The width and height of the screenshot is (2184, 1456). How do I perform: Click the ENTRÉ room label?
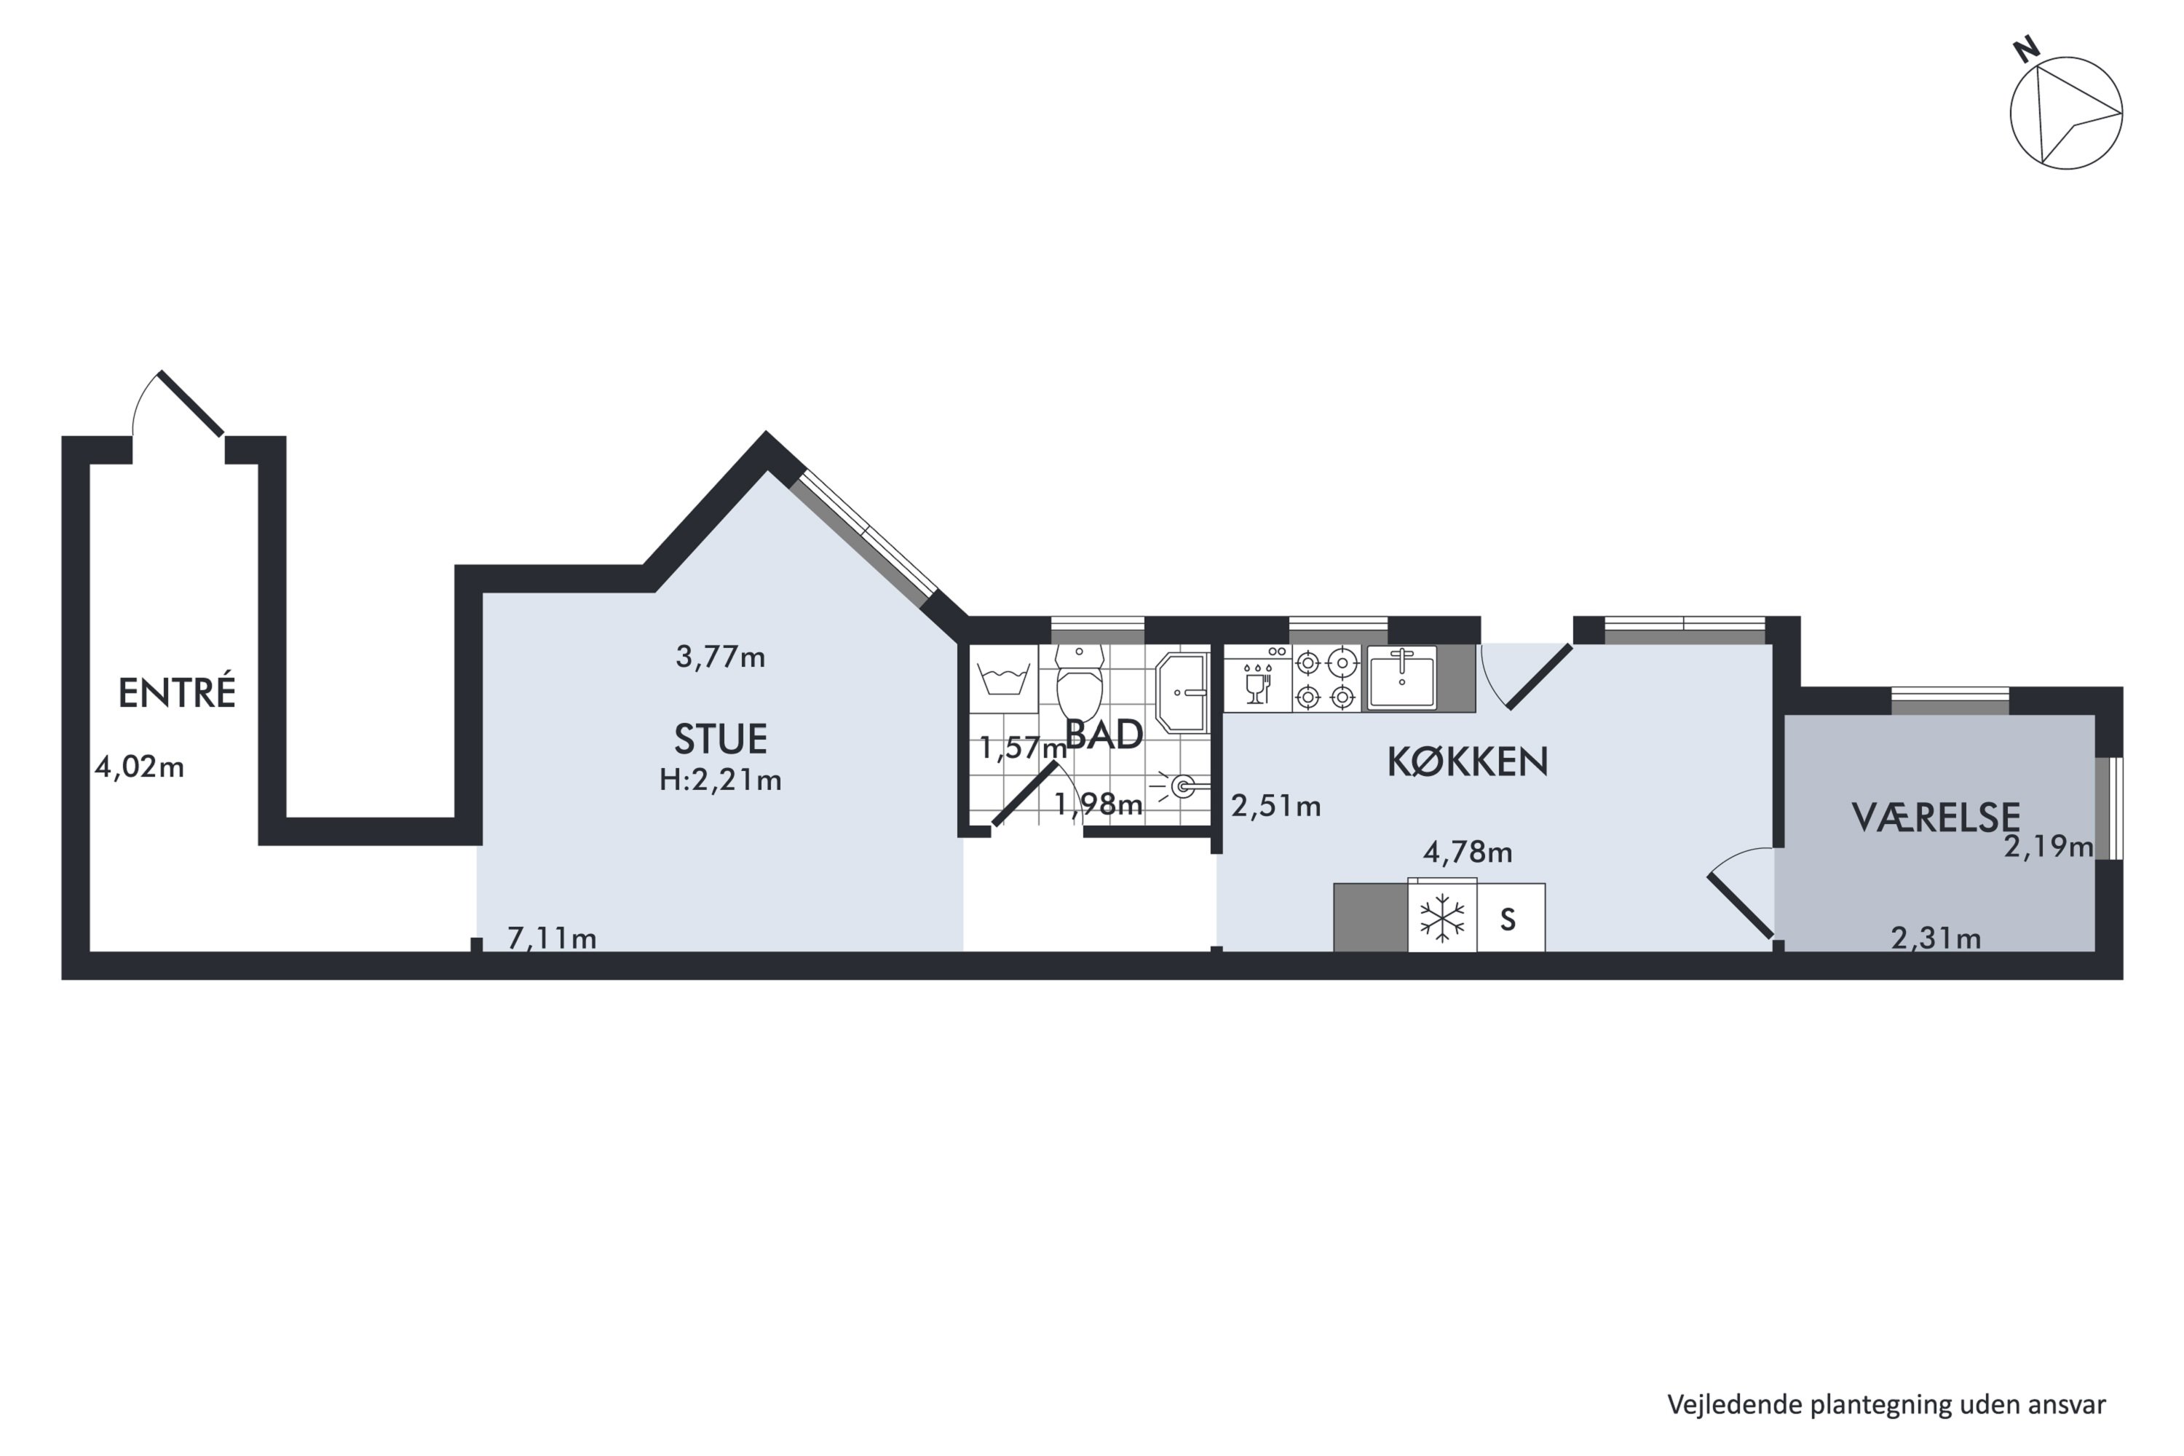[176, 693]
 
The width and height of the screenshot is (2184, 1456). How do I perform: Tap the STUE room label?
[721, 739]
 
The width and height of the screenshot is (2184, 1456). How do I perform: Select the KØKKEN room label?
[1467, 761]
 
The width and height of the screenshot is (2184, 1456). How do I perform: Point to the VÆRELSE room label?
[1935, 817]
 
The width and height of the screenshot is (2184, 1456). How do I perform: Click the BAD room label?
[1104, 735]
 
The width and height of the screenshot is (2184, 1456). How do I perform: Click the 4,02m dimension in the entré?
[139, 767]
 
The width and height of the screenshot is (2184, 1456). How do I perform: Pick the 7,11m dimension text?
[552, 939]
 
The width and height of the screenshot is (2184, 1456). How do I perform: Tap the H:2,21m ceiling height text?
[721, 780]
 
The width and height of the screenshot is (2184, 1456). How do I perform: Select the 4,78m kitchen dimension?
[1467, 852]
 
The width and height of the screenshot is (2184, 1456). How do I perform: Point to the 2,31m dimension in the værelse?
[1936, 939]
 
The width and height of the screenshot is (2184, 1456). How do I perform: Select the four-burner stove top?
[1325, 678]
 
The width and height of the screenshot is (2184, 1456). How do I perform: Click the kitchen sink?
[1402, 677]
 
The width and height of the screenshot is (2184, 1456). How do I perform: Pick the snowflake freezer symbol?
[1441, 919]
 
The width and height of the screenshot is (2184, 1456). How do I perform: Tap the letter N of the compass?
[2025, 50]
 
